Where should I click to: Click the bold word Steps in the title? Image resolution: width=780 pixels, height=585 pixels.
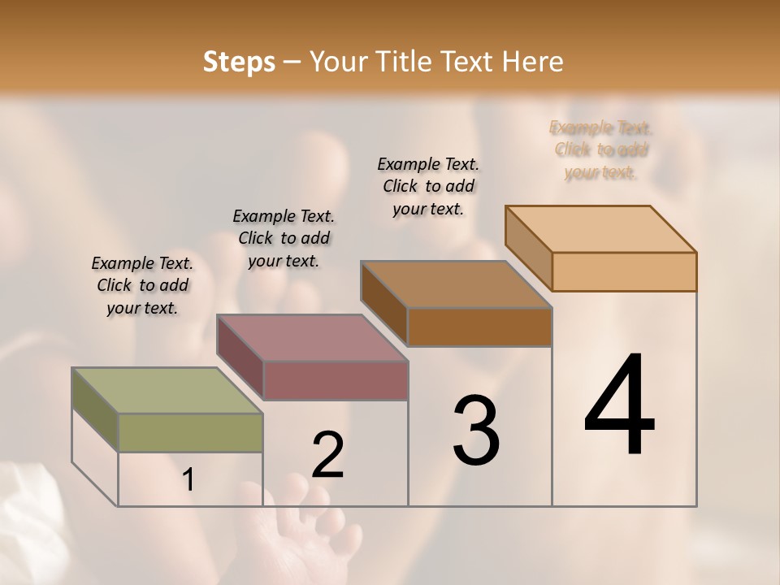click(x=238, y=62)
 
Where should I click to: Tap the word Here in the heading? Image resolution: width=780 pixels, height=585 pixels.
click(x=534, y=62)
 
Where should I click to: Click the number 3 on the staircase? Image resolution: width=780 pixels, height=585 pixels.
click(x=476, y=431)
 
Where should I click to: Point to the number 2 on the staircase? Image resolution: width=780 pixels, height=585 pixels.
click(x=327, y=455)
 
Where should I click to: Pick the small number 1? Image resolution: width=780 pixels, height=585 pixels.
click(x=188, y=480)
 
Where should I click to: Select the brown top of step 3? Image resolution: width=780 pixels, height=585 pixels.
click(x=455, y=284)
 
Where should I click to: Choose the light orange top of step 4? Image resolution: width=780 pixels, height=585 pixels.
click(x=600, y=229)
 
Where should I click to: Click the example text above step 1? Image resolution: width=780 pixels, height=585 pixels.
click(x=142, y=286)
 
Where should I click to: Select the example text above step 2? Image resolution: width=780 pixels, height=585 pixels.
click(x=284, y=238)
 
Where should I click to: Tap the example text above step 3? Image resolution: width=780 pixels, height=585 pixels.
click(x=428, y=186)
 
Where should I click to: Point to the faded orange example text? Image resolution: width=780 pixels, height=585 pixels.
click(x=600, y=149)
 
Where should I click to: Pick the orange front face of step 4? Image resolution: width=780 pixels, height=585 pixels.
click(x=624, y=271)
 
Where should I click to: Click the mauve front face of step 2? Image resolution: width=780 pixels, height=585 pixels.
click(x=336, y=380)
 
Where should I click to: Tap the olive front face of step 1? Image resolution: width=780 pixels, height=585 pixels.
click(x=190, y=432)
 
